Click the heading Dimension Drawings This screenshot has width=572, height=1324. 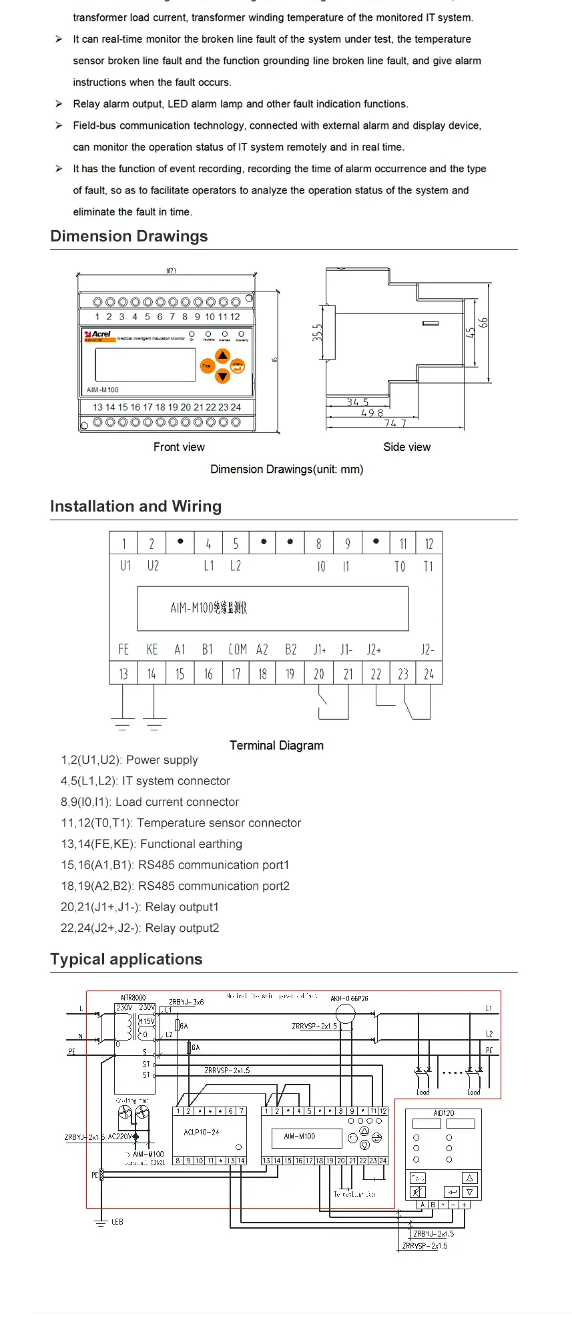tap(129, 236)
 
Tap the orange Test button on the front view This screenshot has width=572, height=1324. tap(206, 366)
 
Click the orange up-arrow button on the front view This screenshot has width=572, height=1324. tap(223, 356)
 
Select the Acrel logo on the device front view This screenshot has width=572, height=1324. tap(98, 334)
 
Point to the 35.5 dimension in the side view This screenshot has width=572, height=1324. tap(318, 333)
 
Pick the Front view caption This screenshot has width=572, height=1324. tap(179, 447)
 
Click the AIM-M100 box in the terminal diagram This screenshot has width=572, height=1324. tap(272, 608)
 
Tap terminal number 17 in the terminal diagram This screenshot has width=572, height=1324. tap(236, 674)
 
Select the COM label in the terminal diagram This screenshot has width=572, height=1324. tap(237, 649)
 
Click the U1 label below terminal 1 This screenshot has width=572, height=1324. tap(125, 566)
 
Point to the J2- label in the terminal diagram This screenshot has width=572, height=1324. tap(428, 649)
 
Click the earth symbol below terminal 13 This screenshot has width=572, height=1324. tap(123, 722)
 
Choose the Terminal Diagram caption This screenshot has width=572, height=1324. tap(276, 745)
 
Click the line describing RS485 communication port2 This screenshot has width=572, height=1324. tap(175, 886)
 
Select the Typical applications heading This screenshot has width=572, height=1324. tap(126, 959)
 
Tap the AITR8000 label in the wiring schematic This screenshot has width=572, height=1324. tap(133, 998)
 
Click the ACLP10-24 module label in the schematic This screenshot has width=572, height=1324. tap(201, 1132)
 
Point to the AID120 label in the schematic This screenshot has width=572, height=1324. tap(443, 1113)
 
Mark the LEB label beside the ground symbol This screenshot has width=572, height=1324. tap(117, 1221)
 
